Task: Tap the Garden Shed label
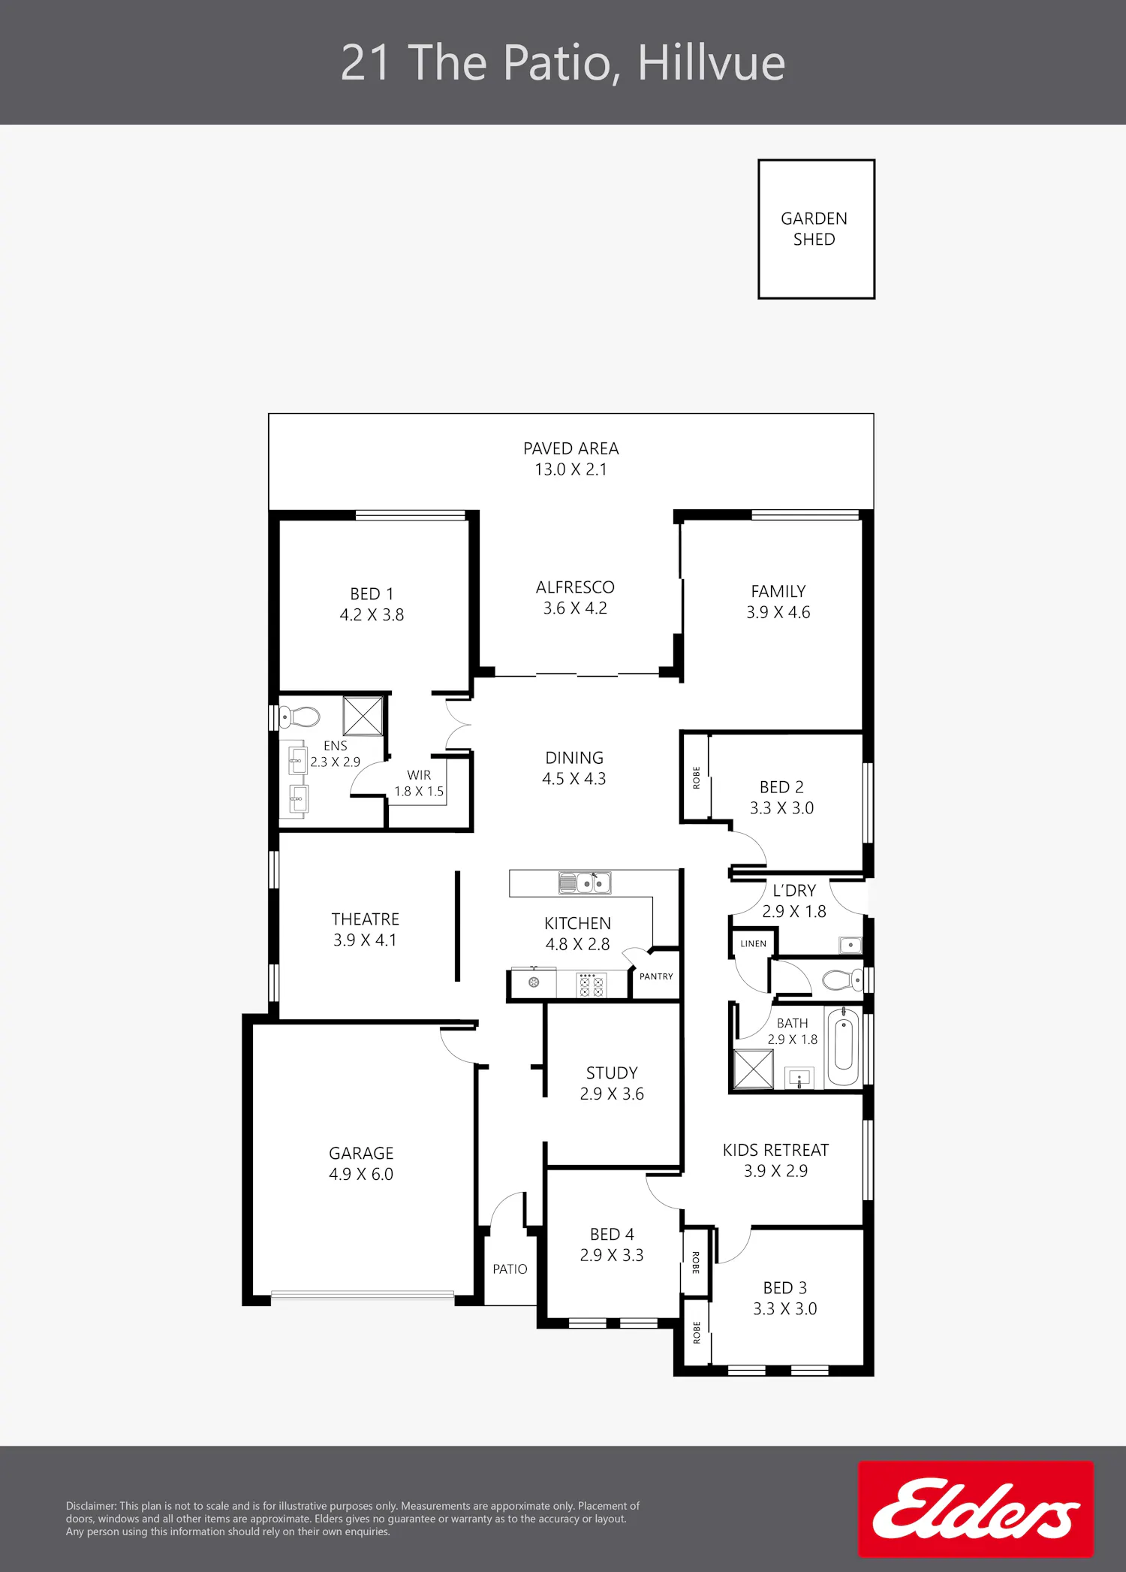point(814,229)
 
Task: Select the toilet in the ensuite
point(300,717)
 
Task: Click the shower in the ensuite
point(363,716)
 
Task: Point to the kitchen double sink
point(585,883)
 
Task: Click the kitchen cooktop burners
point(590,985)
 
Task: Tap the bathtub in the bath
point(843,1046)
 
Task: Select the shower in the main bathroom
point(753,1068)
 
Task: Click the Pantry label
point(656,976)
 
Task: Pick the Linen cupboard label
point(753,943)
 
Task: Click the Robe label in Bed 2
point(696,777)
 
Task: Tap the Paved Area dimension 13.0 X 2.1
point(571,469)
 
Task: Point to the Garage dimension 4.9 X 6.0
point(361,1174)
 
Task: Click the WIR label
point(419,775)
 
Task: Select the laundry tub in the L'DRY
point(851,945)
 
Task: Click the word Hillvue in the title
point(711,62)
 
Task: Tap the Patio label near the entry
point(510,1269)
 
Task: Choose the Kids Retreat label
point(775,1150)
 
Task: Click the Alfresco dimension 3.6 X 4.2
point(575,608)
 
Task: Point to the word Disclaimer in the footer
point(91,1506)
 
